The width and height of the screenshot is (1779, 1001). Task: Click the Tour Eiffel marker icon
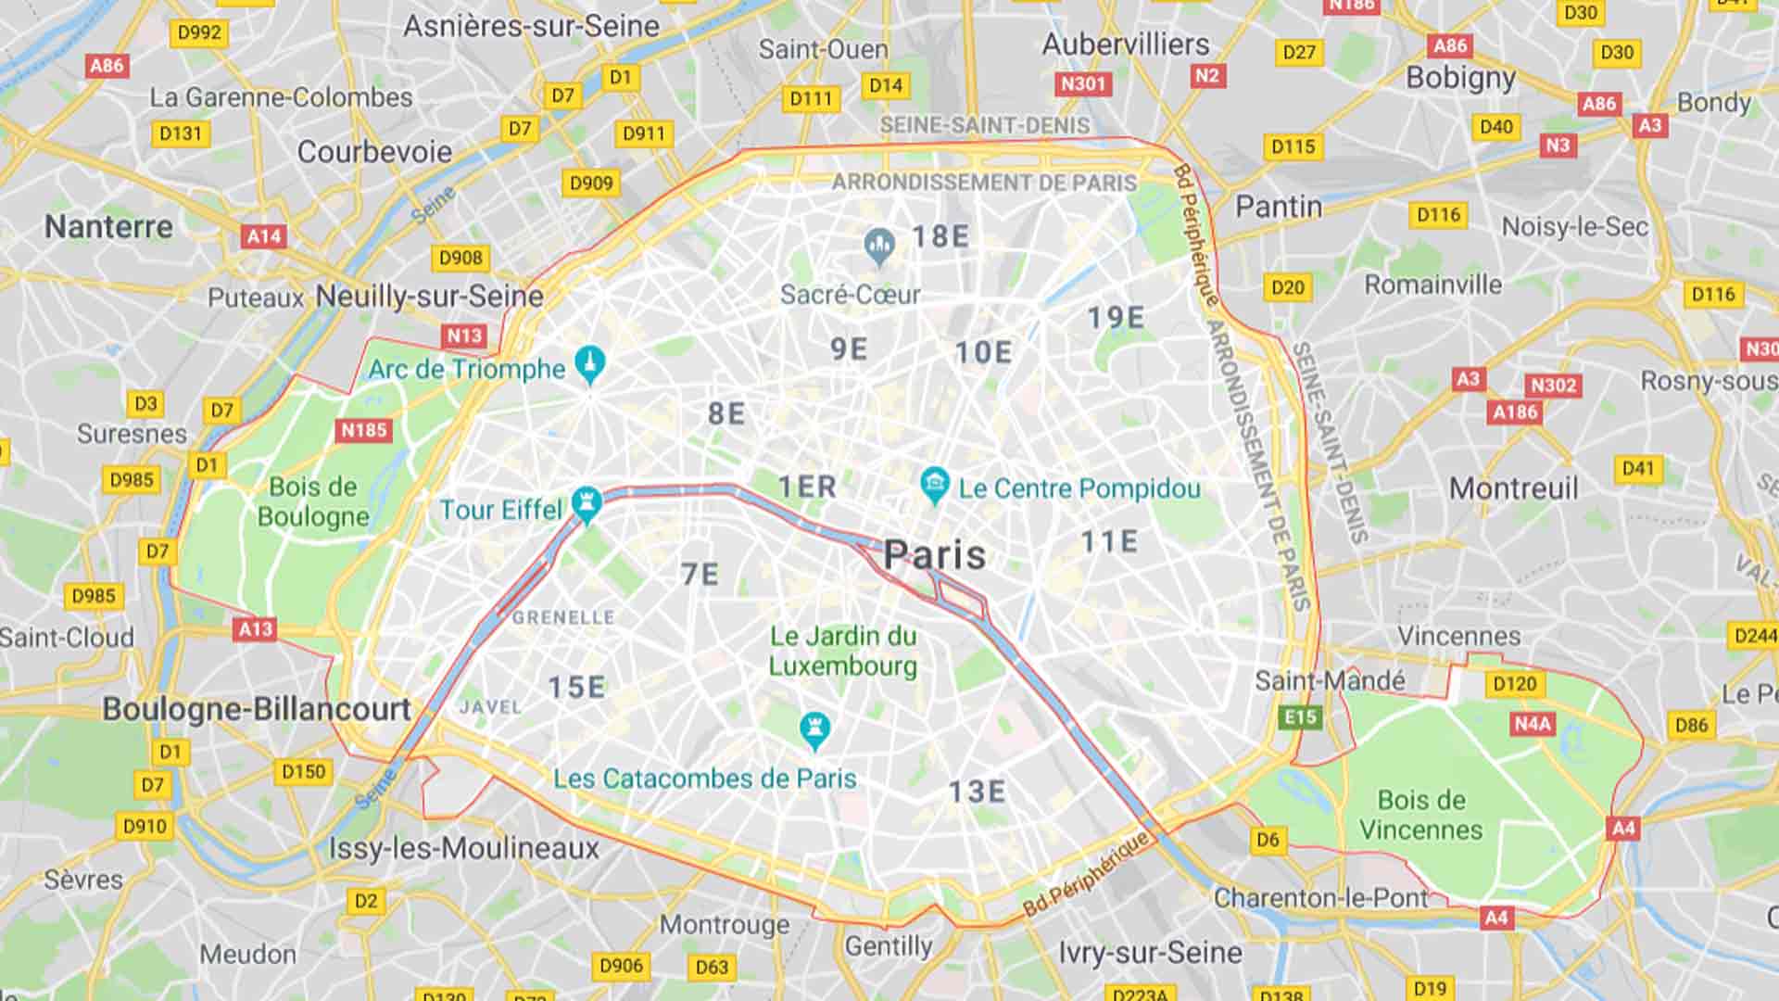tap(587, 503)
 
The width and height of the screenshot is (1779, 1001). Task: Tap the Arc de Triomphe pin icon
tap(590, 363)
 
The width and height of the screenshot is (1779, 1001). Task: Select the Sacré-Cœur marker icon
tap(878, 245)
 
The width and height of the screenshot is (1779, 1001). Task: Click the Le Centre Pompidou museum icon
tap(935, 484)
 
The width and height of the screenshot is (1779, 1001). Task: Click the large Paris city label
tap(935, 554)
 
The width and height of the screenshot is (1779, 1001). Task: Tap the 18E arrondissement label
tap(940, 236)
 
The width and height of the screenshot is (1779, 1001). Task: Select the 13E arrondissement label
tap(977, 791)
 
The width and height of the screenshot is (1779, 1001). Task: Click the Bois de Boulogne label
tap(312, 501)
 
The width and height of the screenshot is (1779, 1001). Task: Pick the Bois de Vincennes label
tap(1420, 815)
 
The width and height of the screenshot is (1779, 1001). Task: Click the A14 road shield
tap(264, 236)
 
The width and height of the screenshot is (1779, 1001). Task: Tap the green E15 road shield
tap(1300, 716)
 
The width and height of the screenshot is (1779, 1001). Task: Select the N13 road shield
tap(464, 336)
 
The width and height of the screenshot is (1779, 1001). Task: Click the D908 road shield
tap(461, 258)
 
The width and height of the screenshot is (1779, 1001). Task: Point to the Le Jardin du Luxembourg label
tap(842, 651)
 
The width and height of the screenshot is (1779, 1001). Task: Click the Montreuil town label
tap(1513, 488)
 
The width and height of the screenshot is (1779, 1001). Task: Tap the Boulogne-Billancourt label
tap(257, 709)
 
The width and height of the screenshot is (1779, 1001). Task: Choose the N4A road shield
tap(1532, 723)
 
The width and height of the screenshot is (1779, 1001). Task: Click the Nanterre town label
tap(108, 226)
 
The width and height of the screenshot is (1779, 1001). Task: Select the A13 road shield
tap(256, 629)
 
